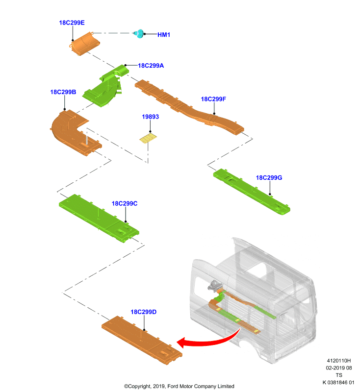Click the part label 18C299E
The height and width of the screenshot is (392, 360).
pos(72,23)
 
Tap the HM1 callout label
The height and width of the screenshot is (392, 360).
pos(164,35)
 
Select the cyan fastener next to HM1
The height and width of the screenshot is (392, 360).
pos(139,33)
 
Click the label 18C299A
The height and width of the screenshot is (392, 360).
pos(151,66)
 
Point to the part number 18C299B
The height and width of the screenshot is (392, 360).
pos(63,92)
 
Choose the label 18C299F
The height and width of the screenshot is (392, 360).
pos(213,99)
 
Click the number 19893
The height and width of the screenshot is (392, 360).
pos(151,117)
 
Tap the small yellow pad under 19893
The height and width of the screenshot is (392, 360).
pos(148,139)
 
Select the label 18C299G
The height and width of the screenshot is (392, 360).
pos(269,178)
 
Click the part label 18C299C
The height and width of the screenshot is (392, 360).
pos(125,203)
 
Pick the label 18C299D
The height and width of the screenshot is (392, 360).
pos(144,312)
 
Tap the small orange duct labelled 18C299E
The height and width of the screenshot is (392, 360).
pos(84,44)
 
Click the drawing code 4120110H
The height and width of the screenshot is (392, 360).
pos(339,361)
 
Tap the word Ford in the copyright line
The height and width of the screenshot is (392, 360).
pos(173,386)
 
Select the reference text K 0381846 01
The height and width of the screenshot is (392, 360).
pos(338,383)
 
